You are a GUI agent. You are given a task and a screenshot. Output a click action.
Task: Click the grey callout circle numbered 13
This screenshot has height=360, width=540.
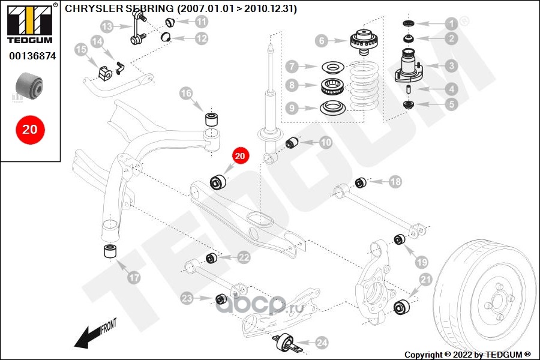coord(107,26)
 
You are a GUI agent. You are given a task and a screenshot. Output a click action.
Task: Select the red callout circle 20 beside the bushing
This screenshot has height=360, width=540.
coord(239,156)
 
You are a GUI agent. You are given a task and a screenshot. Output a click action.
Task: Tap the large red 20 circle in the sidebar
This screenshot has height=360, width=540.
coord(29,129)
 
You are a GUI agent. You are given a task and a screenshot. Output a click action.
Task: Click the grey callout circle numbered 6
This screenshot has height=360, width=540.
coord(322,41)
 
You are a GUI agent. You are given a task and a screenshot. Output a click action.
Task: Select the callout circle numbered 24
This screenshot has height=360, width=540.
coord(322,343)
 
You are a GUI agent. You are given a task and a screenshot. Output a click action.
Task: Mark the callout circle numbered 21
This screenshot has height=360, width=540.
coord(425,279)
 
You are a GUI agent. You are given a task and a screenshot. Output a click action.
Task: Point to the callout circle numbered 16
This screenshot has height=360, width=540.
coord(186,93)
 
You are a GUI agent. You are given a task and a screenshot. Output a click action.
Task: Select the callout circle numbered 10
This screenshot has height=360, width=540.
coord(326,143)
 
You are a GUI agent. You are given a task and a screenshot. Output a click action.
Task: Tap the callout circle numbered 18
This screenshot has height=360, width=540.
coord(395,181)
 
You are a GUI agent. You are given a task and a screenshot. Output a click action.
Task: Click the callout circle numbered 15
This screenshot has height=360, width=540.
coord(81,50)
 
